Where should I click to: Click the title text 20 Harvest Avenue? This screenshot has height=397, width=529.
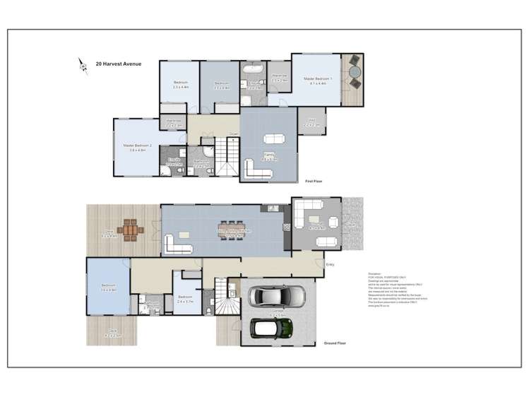(x=118, y=64)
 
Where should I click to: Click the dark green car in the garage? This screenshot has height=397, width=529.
(x=272, y=326)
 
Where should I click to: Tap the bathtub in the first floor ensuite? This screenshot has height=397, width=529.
(x=252, y=71)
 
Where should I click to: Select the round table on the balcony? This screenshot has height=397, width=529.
(x=354, y=73)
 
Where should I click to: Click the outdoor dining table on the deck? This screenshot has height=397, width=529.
(x=129, y=229)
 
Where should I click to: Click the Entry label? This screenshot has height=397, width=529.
(x=329, y=264)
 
